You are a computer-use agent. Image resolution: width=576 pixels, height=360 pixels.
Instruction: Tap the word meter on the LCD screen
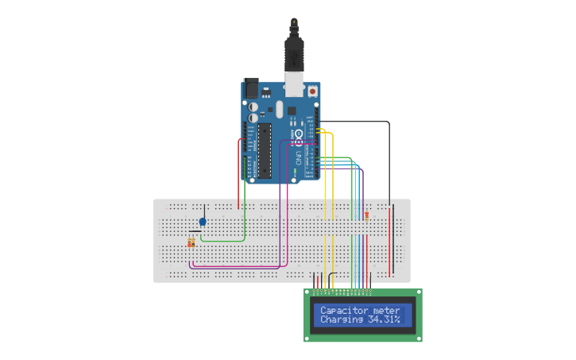click(x=386, y=310)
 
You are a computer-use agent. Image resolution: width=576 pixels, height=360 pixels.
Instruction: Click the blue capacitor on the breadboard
click(x=203, y=222)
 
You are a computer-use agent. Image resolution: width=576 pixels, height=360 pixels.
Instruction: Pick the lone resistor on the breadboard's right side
click(x=366, y=215)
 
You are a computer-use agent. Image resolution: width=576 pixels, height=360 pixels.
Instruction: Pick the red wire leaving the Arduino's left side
click(x=239, y=171)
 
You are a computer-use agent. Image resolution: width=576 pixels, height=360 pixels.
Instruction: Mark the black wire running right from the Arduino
click(x=358, y=122)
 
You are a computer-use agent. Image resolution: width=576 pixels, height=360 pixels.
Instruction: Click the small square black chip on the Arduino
click(x=292, y=110)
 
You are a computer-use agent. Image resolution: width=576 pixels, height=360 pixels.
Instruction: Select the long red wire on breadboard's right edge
click(x=392, y=238)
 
